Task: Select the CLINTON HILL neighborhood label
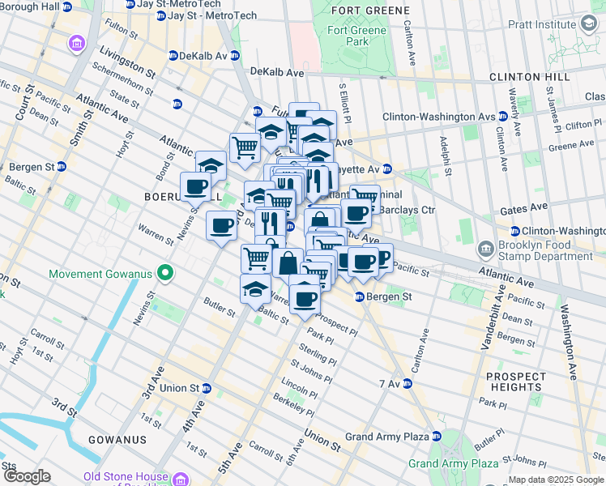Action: (526, 77)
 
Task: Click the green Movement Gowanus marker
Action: (165, 274)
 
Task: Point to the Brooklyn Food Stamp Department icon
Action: (486, 247)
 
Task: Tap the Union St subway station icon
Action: (207, 388)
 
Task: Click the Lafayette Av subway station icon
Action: (387, 169)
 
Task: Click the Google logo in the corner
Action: (26, 476)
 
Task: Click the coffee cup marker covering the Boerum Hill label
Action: (196, 187)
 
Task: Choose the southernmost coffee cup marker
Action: (305, 298)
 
